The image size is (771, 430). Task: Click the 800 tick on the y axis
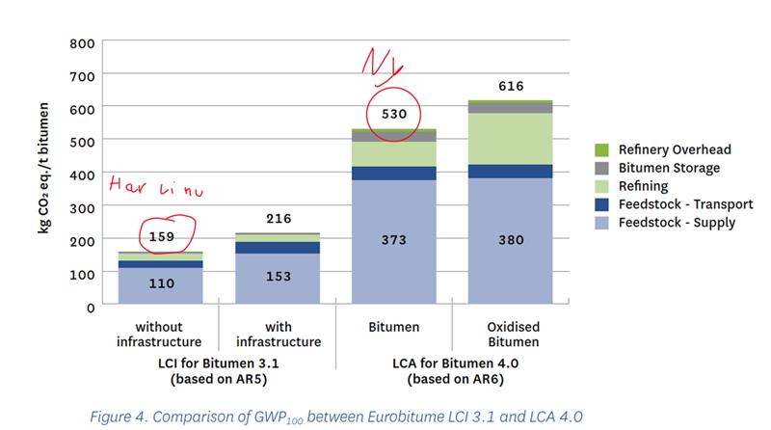pos(82,42)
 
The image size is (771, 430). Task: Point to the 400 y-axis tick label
pos(82,175)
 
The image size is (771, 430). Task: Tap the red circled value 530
pos(393,115)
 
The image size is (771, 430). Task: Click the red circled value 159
pos(160,234)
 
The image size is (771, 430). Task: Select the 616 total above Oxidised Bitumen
pos(512,87)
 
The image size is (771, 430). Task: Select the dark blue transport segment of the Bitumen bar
pos(393,174)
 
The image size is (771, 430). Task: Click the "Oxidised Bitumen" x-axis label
pos(512,335)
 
